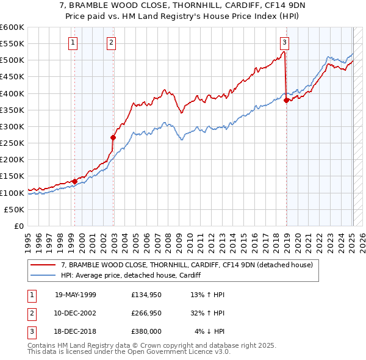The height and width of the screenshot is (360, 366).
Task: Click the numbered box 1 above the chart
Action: [x=73, y=42]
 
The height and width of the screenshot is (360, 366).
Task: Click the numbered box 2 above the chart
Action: [x=112, y=42]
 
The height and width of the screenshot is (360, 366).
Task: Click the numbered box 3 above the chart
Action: [x=285, y=42]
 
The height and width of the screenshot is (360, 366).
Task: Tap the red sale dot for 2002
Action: [x=113, y=137]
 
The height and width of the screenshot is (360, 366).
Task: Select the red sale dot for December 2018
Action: [x=287, y=101]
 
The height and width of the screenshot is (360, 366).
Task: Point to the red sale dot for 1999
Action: [x=74, y=181]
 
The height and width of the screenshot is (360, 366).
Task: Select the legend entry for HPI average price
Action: [x=131, y=275]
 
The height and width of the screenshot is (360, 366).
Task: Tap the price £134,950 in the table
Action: [x=147, y=295]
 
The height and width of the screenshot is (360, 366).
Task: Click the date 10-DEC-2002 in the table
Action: [x=76, y=313]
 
